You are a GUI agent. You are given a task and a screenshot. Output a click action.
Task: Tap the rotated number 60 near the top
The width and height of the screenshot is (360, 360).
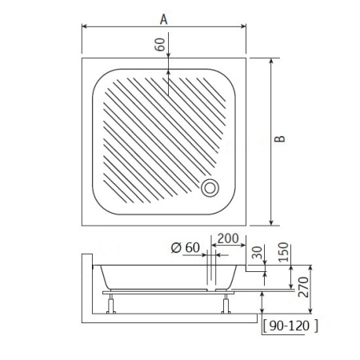click(x=160, y=44)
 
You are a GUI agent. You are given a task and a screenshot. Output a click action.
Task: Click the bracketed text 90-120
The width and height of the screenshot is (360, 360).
click(x=290, y=325)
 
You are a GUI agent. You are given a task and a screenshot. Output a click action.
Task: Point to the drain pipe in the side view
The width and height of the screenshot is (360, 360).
click(x=210, y=272)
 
